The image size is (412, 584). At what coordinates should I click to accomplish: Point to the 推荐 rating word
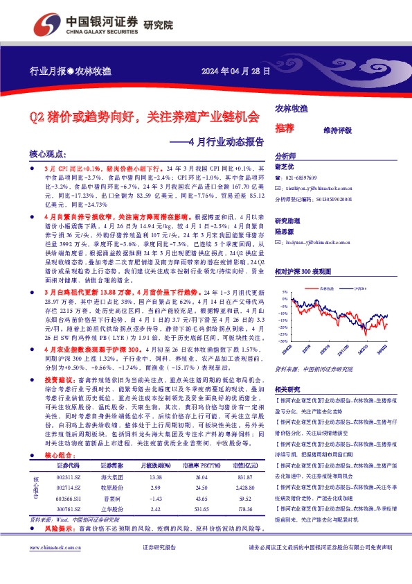(x=284, y=128)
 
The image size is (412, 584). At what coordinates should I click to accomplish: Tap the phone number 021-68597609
(x=304, y=178)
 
